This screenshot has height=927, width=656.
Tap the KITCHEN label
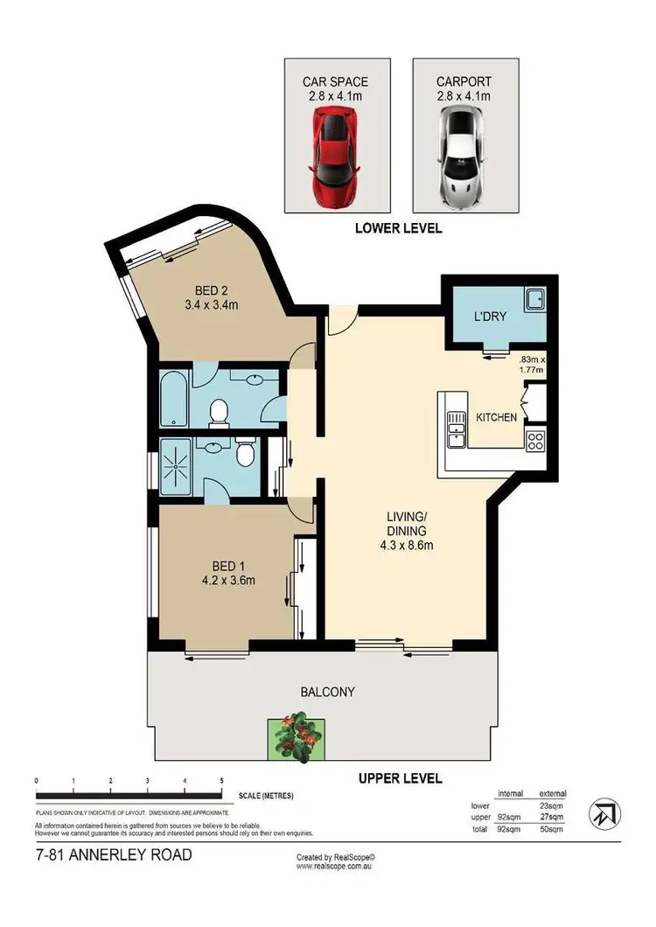click(x=496, y=418)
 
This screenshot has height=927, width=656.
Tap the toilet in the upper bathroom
click(x=220, y=410)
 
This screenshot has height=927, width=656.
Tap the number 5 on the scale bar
click(x=222, y=780)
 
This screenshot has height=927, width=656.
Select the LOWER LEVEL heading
click(x=398, y=228)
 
